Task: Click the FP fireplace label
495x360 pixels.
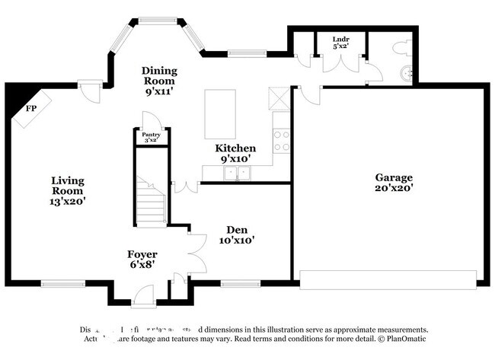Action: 31,109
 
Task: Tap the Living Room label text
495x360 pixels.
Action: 68,191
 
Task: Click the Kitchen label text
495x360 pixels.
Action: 235,153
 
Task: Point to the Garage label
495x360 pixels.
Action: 393,182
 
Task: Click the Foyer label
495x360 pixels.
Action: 142,259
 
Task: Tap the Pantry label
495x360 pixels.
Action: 151,136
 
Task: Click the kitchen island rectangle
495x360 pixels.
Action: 220,113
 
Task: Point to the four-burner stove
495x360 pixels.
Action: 281,141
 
